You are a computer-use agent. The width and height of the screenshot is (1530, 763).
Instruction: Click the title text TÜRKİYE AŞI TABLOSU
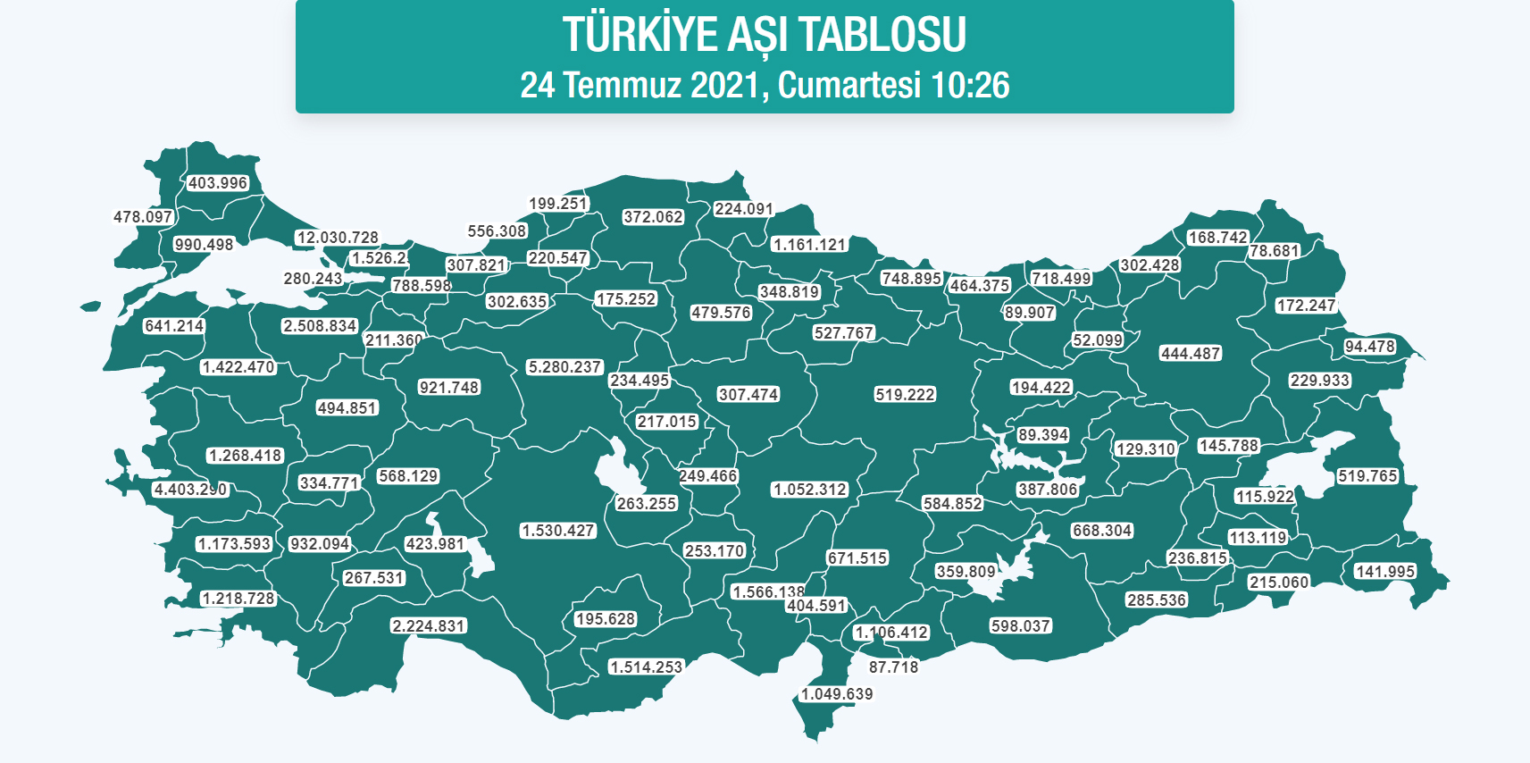point(765,35)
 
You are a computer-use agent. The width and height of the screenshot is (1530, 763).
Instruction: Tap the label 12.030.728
point(338,238)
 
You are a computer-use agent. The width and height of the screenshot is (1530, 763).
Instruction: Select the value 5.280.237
point(564,367)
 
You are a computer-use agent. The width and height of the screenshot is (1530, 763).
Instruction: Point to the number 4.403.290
point(190,490)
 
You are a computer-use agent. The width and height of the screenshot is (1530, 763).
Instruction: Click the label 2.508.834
point(320,326)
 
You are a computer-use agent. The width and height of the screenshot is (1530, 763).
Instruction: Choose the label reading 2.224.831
point(429,626)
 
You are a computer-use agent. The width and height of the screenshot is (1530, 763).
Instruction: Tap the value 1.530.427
point(558,531)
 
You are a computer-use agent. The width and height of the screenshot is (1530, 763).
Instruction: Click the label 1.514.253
point(646,667)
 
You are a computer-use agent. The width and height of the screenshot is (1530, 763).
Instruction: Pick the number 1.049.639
point(837,694)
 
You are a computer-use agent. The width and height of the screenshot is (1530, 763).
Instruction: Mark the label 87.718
point(893,667)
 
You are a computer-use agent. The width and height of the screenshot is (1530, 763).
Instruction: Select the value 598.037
point(1020,626)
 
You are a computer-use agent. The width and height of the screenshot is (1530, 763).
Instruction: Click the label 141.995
point(1385,572)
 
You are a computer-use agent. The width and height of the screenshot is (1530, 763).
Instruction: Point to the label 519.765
point(1367,476)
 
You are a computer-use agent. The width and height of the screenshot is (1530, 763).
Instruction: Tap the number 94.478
point(1369,347)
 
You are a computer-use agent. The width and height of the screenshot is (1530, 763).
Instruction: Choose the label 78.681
point(1274,251)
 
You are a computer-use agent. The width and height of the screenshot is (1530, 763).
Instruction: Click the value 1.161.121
point(809,245)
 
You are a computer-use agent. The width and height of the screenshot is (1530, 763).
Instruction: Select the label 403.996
point(218,183)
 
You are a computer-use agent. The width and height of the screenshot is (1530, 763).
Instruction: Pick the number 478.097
point(143,217)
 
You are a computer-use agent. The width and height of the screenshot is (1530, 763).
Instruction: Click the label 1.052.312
point(810,490)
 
